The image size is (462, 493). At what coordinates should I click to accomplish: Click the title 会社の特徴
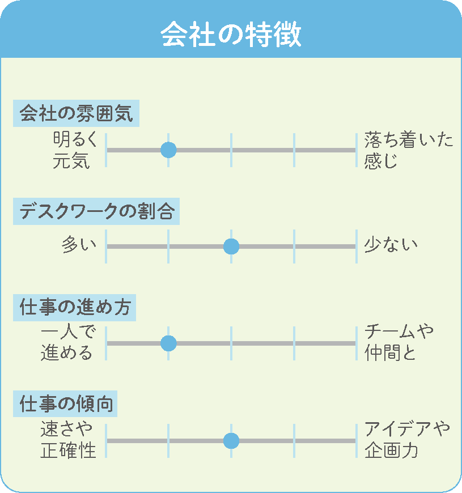pyautogui.click(x=231, y=34)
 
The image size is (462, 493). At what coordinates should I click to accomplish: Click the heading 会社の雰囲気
pyautogui.click(x=76, y=113)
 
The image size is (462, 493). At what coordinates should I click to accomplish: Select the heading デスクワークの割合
pyautogui.click(x=96, y=211)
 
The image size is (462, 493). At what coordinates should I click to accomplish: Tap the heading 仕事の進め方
pyautogui.click(x=75, y=307)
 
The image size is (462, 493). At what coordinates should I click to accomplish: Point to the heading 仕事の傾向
pyautogui.click(x=66, y=403)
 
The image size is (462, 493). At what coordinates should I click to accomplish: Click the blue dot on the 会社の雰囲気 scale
pyautogui.click(x=168, y=150)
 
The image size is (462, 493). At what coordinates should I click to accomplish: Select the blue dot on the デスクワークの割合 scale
pyautogui.click(x=231, y=246)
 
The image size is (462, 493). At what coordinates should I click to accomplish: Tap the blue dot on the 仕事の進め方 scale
pyautogui.click(x=168, y=343)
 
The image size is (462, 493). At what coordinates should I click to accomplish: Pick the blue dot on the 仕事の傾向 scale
pyautogui.click(x=231, y=441)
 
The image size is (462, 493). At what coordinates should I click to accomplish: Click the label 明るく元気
pyautogui.click(x=75, y=150)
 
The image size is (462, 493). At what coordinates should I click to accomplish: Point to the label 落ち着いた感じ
pyautogui.click(x=409, y=150)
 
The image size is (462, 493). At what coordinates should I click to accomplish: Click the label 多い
pyautogui.click(x=79, y=244)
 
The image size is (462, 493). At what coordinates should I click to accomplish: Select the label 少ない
pyautogui.click(x=391, y=244)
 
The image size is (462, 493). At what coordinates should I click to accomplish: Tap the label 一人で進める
pyautogui.click(x=67, y=343)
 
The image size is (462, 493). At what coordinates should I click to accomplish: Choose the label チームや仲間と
pyautogui.click(x=399, y=343)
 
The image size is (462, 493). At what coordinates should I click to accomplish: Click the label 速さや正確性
pyautogui.click(x=68, y=440)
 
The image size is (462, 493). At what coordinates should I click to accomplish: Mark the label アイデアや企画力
pyautogui.click(x=407, y=440)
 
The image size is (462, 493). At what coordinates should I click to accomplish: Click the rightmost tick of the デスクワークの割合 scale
pyautogui.click(x=357, y=246)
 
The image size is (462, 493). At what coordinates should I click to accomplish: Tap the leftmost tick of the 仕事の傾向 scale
pyautogui.click(x=106, y=441)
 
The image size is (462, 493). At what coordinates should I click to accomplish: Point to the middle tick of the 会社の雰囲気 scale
pyautogui.click(x=231, y=150)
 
